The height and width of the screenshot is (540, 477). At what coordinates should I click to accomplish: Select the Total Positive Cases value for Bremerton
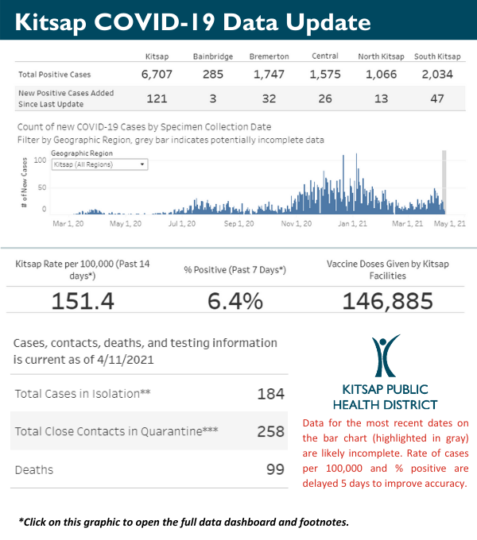[269, 74]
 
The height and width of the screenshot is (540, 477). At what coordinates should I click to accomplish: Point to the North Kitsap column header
[381, 56]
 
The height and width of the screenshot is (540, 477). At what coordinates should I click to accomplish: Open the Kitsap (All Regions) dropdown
[99, 164]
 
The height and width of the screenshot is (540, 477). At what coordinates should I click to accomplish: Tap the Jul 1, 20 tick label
[181, 224]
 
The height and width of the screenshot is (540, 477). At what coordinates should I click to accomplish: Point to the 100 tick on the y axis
[40, 159]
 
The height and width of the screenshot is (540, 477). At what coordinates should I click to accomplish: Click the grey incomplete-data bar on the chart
[444, 181]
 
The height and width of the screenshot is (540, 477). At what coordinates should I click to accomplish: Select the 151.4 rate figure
[83, 301]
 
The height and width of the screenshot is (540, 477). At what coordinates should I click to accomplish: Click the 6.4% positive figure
[235, 301]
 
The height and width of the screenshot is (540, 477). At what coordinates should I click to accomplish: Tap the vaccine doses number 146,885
[387, 301]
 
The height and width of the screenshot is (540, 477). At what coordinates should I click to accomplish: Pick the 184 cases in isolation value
[271, 394]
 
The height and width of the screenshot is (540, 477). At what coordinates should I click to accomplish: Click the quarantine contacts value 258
[271, 432]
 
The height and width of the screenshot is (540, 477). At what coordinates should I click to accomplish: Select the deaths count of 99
[275, 469]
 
